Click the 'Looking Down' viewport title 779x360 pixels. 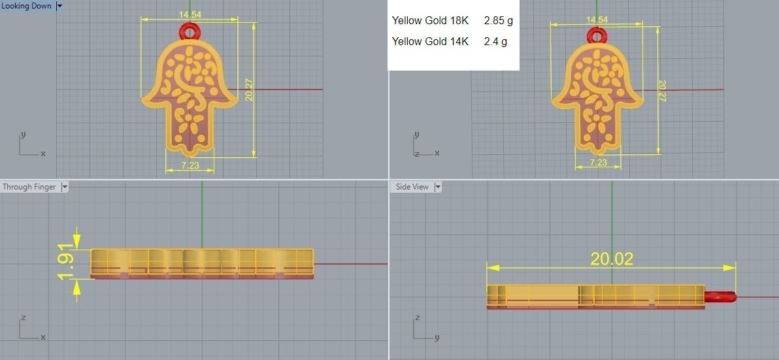[x=27, y=6]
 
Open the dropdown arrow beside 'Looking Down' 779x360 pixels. [x=59, y=6]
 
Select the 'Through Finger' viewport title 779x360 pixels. [x=29, y=187]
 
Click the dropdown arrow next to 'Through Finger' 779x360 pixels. [x=64, y=187]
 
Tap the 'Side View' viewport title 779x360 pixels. [x=412, y=187]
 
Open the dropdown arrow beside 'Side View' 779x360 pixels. [x=438, y=187]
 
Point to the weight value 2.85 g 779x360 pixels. [x=498, y=21]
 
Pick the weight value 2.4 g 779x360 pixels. [x=495, y=42]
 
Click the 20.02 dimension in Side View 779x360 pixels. [x=612, y=259]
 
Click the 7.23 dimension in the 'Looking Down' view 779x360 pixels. [x=190, y=165]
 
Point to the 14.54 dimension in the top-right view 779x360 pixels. [x=597, y=20]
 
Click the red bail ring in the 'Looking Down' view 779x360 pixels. [x=190, y=31]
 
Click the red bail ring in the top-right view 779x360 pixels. [x=596, y=35]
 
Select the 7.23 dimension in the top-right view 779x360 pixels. [x=598, y=162]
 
